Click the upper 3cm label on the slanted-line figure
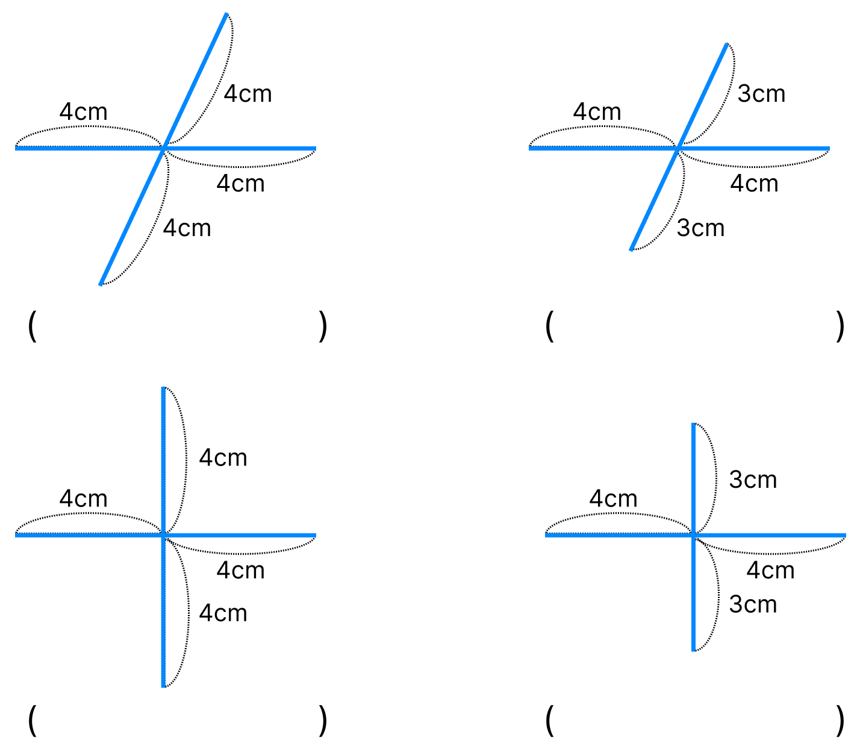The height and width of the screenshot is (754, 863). pyautogui.click(x=761, y=93)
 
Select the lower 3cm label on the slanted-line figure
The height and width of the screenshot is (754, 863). pyautogui.click(x=700, y=228)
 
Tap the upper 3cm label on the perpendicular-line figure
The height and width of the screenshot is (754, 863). pyautogui.click(x=753, y=480)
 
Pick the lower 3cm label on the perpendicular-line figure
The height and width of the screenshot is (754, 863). pyautogui.click(x=753, y=604)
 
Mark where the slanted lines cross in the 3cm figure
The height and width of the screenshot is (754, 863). pyautogui.click(x=678, y=148)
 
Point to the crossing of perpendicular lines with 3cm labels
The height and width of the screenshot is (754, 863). pyautogui.click(x=694, y=535)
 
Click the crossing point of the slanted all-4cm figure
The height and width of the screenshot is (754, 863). pyautogui.click(x=164, y=148)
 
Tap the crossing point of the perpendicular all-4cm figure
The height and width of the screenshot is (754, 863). pyautogui.click(x=164, y=535)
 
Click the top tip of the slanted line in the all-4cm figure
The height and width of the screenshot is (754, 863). pyautogui.click(x=227, y=14)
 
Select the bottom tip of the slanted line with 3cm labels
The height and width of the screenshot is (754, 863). pyautogui.click(x=631, y=250)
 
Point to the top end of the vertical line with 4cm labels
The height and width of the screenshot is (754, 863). pyautogui.click(x=164, y=387)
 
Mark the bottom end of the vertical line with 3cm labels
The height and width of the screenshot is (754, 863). pyautogui.click(x=694, y=651)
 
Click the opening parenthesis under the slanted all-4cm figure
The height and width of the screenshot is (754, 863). pyautogui.click(x=33, y=326)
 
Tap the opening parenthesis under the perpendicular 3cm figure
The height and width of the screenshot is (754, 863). pyautogui.click(x=550, y=721)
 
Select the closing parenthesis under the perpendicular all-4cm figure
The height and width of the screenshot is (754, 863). pyautogui.click(x=323, y=721)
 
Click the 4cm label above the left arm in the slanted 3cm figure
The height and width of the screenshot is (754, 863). pyautogui.click(x=597, y=112)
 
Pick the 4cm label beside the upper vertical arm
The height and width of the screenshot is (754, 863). pyautogui.click(x=223, y=458)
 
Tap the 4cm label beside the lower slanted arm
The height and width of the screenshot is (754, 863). pyautogui.click(x=187, y=228)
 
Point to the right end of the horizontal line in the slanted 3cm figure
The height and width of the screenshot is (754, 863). pyautogui.click(x=829, y=148)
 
